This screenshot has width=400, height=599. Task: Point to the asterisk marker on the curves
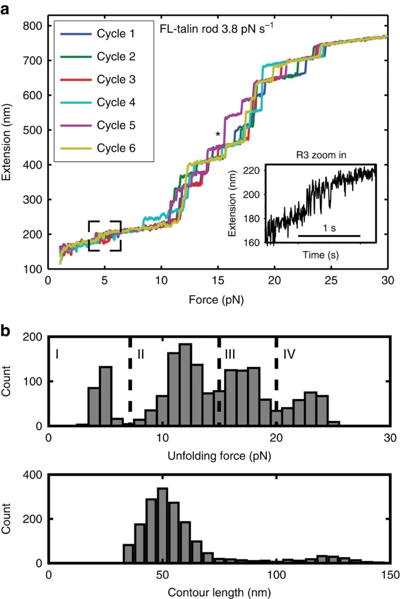(218, 135)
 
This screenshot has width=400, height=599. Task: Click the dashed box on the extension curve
(105, 236)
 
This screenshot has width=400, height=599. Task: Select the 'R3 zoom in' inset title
(319, 156)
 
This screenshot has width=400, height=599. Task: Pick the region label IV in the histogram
(290, 353)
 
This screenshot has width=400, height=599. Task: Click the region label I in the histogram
(57, 353)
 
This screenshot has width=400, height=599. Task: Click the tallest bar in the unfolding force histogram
(185, 385)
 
